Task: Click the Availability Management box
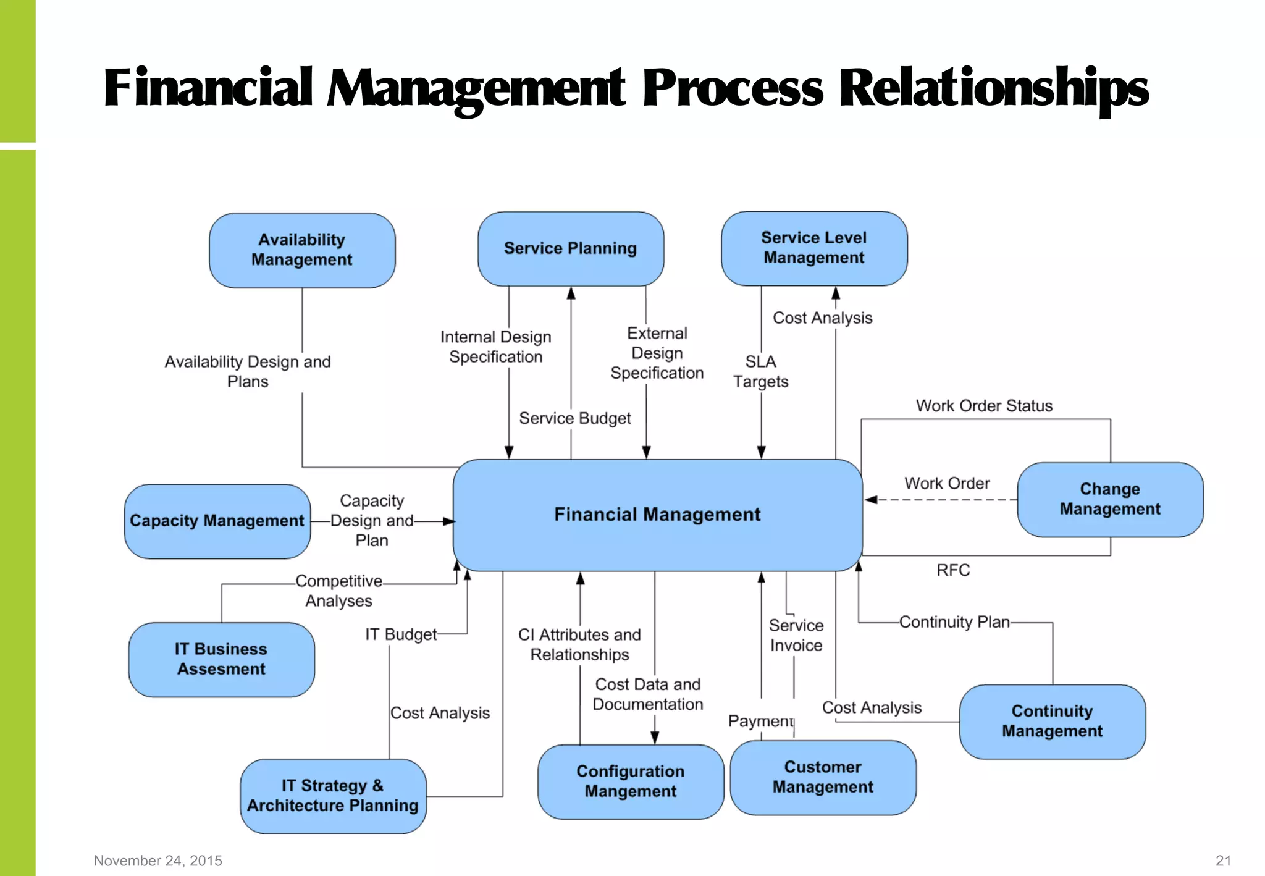(x=302, y=250)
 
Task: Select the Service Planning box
(x=571, y=248)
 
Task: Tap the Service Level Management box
(x=814, y=248)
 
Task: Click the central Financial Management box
(x=657, y=515)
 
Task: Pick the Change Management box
(x=1110, y=499)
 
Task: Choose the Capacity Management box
(x=217, y=521)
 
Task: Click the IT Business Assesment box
(x=221, y=659)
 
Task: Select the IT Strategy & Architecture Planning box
(x=333, y=796)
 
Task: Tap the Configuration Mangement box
(x=631, y=781)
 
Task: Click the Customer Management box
(x=823, y=777)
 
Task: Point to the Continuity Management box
(x=1052, y=721)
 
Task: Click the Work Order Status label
(x=984, y=406)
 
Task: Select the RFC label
(x=953, y=570)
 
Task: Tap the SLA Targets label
(x=760, y=371)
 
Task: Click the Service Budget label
(x=574, y=419)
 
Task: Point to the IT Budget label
(x=401, y=634)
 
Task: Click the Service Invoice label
(x=796, y=635)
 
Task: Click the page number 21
(x=1223, y=861)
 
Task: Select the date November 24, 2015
(x=158, y=861)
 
